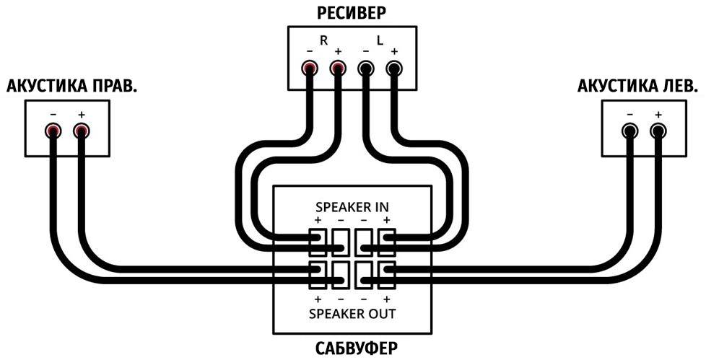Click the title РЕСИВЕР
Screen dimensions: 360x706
click(352, 12)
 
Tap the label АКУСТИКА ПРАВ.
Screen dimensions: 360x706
click(72, 87)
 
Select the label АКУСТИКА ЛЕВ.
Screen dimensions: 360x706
click(638, 87)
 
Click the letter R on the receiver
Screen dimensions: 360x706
click(324, 41)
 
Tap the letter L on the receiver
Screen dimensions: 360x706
click(380, 41)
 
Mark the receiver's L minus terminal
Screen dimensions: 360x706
click(366, 69)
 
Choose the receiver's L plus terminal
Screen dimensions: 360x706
click(393, 69)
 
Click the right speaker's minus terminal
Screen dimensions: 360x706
click(53, 131)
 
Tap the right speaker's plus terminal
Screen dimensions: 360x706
click(80, 131)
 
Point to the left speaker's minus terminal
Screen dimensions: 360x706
click(630, 131)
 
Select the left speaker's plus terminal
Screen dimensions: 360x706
click(658, 131)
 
